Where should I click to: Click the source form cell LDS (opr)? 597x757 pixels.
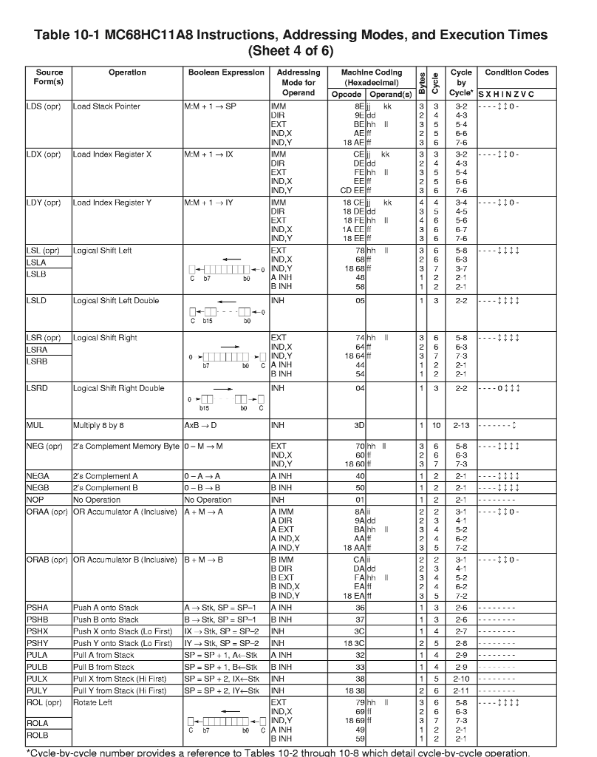point(44,106)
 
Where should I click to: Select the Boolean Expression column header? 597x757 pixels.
point(225,72)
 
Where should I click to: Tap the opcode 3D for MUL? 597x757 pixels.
point(360,425)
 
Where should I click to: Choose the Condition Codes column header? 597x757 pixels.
point(516,72)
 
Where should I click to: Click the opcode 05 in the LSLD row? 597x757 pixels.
point(360,301)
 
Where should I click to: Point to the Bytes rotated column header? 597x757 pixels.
point(420,82)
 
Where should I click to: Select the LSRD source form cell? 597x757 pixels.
point(38,388)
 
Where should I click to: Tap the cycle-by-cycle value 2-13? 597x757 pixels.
point(461,425)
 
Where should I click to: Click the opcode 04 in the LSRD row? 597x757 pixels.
point(360,388)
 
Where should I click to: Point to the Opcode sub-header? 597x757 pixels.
point(347,95)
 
